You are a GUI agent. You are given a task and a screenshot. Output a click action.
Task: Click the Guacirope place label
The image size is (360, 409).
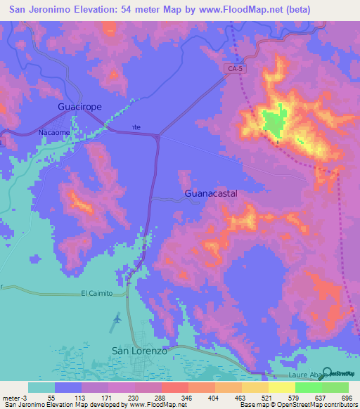(79, 107)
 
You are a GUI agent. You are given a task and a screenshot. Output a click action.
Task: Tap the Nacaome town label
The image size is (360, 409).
(53, 131)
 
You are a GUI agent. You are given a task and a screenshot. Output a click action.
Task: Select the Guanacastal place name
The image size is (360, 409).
(210, 192)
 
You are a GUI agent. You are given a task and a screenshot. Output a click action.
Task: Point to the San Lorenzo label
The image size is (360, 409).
(140, 350)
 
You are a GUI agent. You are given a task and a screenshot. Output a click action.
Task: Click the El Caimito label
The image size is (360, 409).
(96, 293)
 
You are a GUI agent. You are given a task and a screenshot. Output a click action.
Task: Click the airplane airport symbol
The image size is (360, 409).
(116, 320)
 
